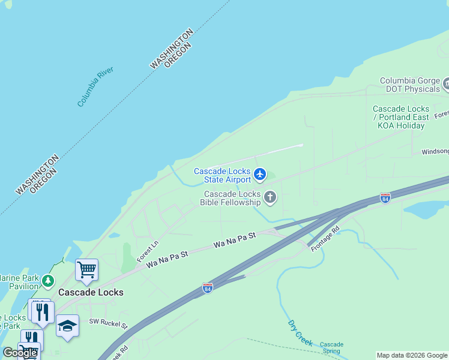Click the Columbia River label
pos(95,87)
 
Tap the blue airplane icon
pos(259,174)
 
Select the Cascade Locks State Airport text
pos(222,176)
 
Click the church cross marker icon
pos(270,197)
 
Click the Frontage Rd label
pos(325,238)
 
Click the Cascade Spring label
pos(331,348)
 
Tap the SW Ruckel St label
pos(109,325)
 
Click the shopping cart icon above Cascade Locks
pos(86,270)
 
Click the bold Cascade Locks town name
pos(91,292)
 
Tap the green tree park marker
pos(47,280)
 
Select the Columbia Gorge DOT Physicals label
pos(410,85)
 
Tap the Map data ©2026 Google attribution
pos(412,355)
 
